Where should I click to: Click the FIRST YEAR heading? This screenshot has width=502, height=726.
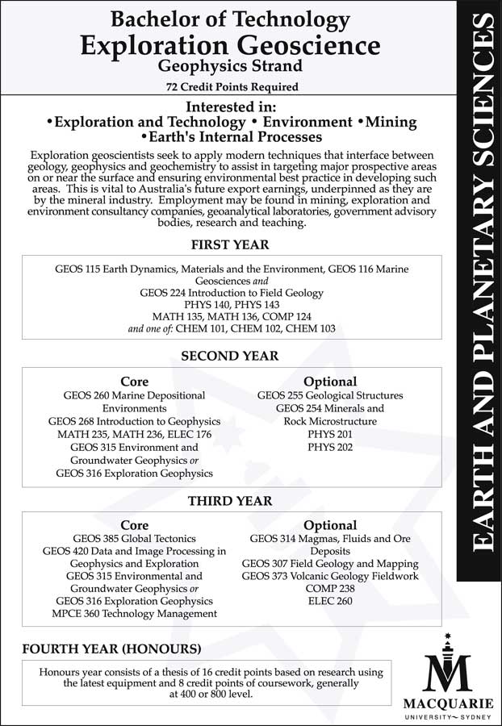coord(230,244)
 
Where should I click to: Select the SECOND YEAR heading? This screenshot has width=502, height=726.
coord(230,356)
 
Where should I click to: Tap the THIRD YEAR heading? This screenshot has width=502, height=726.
coord(230,501)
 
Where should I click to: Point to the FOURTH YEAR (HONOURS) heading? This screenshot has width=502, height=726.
coord(111,649)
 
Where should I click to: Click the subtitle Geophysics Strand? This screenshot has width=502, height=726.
coord(230,65)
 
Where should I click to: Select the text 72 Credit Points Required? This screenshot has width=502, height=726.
coord(230,87)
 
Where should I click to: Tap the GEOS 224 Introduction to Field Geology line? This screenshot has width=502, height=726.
coord(231,293)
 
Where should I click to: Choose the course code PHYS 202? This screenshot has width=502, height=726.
coord(330,447)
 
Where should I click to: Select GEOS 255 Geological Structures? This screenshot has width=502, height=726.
coord(330,395)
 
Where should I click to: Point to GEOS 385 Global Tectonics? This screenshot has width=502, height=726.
coord(134,537)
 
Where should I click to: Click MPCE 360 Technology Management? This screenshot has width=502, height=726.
coord(134,614)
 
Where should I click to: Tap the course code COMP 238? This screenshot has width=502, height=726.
coord(330,588)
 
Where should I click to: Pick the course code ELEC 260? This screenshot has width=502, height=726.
coord(330,601)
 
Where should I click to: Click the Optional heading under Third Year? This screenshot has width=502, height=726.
coord(330,525)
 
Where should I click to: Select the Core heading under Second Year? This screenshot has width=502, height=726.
coord(134,382)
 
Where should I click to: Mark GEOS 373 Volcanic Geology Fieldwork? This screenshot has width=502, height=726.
coord(330,576)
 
